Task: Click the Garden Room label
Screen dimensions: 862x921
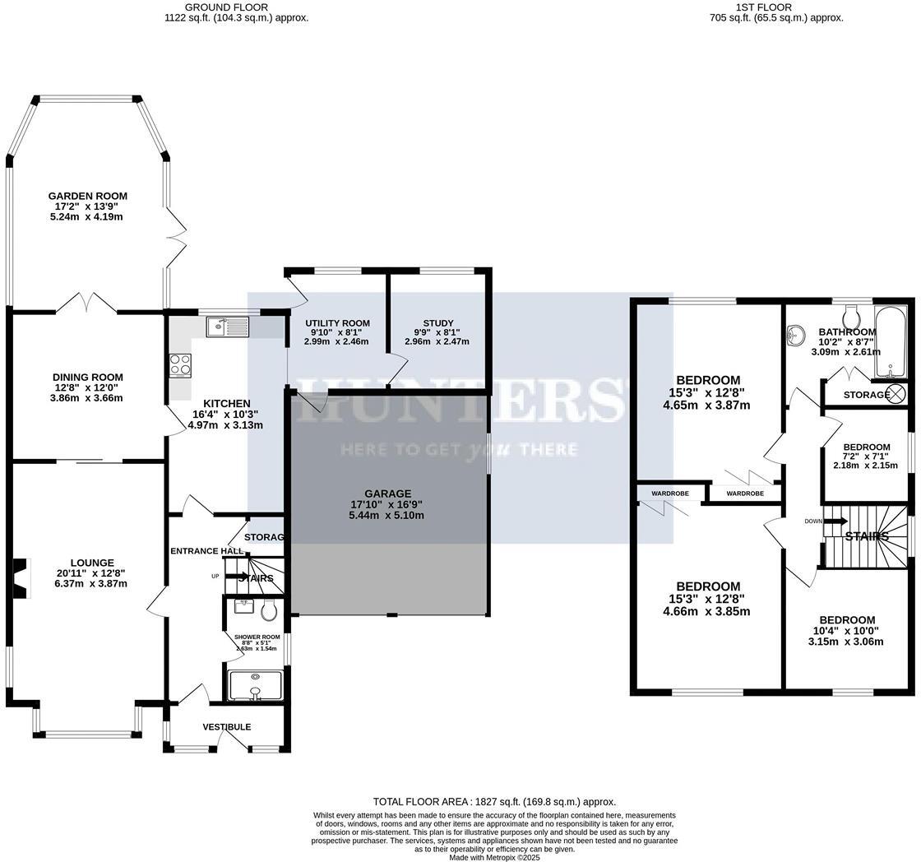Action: pos(87,197)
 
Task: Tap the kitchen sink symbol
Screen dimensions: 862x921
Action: pos(228,327)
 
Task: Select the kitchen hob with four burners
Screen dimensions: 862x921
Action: pos(180,364)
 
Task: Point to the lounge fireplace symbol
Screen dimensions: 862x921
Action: pos(21,574)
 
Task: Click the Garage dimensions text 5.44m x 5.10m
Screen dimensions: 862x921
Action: pos(386,516)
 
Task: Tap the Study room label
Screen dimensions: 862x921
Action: pos(438,323)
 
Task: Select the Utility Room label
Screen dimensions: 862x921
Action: pos(337,323)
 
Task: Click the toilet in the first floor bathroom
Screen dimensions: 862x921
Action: pos(852,315)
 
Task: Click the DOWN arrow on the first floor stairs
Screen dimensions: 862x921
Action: pos(836,521)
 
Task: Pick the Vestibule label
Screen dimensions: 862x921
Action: pos(227,727)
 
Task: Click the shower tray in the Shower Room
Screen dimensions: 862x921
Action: pos(255,685)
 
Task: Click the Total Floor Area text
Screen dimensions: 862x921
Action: pos(494,801)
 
